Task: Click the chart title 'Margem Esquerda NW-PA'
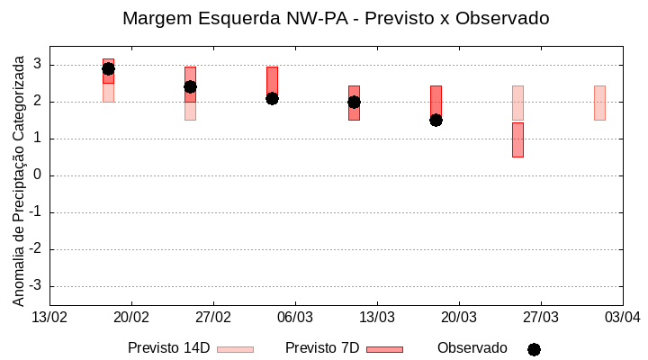point(336,18)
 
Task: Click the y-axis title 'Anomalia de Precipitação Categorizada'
point(18,178)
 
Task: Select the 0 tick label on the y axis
point(38,175)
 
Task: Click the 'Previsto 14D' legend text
point(168,348)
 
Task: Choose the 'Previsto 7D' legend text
point(322,348)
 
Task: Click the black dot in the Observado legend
point(534,349)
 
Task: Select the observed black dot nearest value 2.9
point(108,68)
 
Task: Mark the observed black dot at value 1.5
point(436,120)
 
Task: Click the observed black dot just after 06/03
point(354,102)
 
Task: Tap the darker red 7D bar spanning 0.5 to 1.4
point(517,139)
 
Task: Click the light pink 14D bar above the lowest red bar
point(517,103)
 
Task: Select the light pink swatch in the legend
point(236,349)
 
